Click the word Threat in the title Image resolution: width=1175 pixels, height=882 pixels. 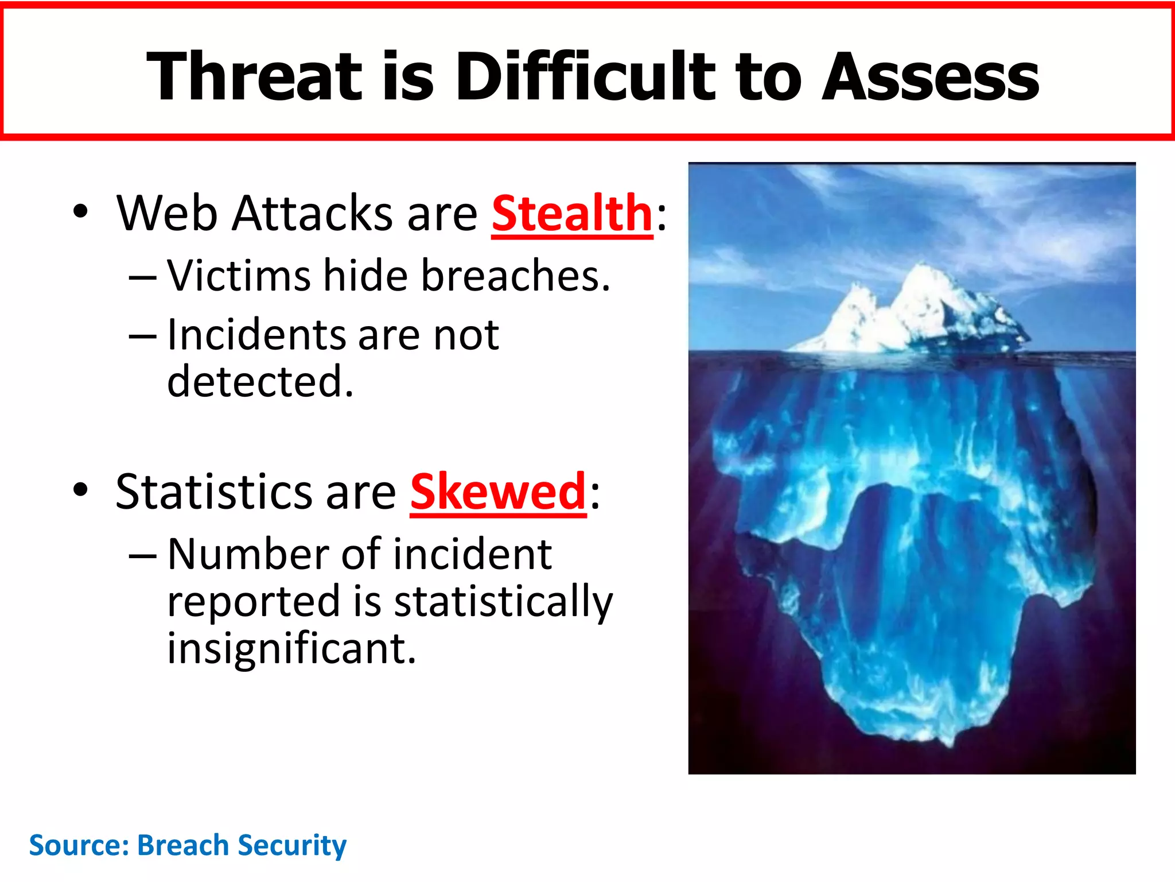click(254, 76)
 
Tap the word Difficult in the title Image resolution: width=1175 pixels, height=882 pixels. click(585, 76)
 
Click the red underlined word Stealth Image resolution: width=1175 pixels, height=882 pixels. click(572, 214)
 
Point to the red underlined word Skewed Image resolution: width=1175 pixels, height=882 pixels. click(497, 492)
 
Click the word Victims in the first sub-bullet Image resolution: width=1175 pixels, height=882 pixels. click(239, 276)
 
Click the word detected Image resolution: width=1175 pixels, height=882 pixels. click(260, 381)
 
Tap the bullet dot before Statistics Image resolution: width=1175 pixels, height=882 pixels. click(81, 490)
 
